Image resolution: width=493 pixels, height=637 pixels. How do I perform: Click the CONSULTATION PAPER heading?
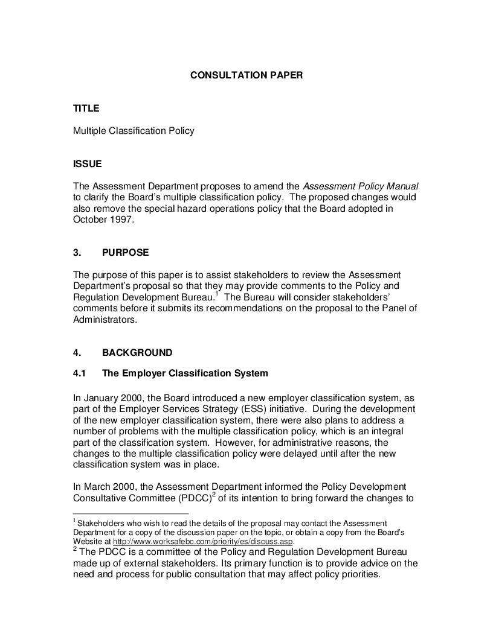pyautogui.click(x=246, y=75)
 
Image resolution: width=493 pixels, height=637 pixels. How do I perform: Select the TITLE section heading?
pyautogui.click(x=86, y=109)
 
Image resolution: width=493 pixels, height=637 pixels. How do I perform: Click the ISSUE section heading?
pyautogui.click(x=88, y=164)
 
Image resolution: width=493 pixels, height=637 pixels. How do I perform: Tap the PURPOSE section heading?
pyautogui.click(x=125, y=253)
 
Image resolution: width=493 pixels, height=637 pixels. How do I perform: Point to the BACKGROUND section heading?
pyautogui.click(x=137, y=353)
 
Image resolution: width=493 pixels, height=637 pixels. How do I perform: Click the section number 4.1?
pyautogui.click(x=79, y=373)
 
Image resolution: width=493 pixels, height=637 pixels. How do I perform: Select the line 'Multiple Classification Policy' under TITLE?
pyautogui.click(x=134, y=130)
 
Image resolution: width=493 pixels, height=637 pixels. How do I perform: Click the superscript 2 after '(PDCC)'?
pyautogui.click(x=214, y=495)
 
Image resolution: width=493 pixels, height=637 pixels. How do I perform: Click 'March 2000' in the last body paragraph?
pyautogui.click(x=107, y=487)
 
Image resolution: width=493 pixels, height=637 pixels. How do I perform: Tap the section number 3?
pyautogui.click(x=76, y=253)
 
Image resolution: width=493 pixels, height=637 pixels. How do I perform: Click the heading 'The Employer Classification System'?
pyautogui.click(x=185, y=373)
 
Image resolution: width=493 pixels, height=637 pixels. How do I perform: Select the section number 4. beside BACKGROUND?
pyautogui.click(x=76, y=353)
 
